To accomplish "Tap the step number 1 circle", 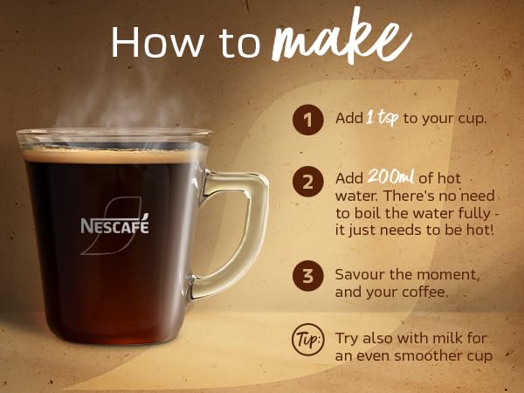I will [x=306, y=118].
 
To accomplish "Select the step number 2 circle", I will [x=306, y=183].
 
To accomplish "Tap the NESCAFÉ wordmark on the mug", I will [x=115, y=225].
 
